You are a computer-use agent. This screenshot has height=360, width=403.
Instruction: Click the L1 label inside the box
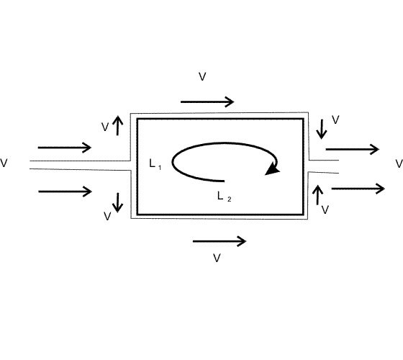(x=155, y=164)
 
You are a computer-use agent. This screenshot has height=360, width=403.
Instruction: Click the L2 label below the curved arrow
(x=224, y=197)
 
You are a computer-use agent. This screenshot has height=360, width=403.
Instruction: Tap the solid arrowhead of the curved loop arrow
(x=273, y=169)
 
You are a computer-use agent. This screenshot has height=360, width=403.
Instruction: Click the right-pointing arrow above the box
(x=207, y=102)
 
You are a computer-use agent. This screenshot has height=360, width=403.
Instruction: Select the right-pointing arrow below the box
(x=219, y=241)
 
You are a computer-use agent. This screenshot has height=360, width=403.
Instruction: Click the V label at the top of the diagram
(x=202, y=76)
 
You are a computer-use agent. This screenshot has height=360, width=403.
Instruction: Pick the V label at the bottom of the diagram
(x=217, y=258)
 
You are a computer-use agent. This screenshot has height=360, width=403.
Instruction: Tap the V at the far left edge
(x=4, y=163)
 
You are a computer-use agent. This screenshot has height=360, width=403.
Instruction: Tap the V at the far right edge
(x=399, y=164)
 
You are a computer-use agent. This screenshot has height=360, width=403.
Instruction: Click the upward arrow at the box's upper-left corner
(x=118, y=125)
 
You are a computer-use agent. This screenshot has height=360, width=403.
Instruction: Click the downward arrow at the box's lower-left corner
(x=118, y=202)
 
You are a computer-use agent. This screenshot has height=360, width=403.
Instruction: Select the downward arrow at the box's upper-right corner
(x=322, y=129)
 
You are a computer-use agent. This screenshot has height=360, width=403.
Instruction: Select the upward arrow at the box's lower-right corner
(x=318, y=195)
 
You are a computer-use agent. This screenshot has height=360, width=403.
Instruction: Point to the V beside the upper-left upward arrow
(x=105, y=127)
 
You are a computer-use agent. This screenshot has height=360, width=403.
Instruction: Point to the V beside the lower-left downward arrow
(x=107, y=216)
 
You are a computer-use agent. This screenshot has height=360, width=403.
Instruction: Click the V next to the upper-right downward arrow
(x=335, y=120)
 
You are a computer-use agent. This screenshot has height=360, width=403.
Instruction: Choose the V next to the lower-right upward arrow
(x=325, y=210)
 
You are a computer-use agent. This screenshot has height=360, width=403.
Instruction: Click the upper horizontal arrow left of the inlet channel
(x=65, y=148)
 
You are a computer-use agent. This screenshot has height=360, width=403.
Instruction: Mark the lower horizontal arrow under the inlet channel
(x=65, y=192)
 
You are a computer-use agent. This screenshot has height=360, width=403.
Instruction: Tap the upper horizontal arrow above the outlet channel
(x=353, y=149)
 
